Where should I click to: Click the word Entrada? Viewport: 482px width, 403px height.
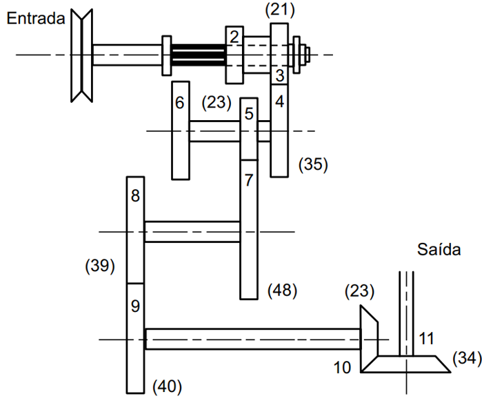point(35,19)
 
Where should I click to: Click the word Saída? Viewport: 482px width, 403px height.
point(438,249)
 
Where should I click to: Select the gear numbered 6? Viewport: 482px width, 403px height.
point(180,131)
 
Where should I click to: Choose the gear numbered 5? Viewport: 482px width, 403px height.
point(249,128)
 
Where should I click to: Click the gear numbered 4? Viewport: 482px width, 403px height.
point(279,131)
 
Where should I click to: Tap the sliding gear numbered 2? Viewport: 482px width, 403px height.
point(234,54)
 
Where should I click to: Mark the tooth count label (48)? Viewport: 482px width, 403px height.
point(281,291)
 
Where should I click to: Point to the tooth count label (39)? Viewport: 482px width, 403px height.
point(99,266)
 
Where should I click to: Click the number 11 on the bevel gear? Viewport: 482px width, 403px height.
point(427,338)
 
